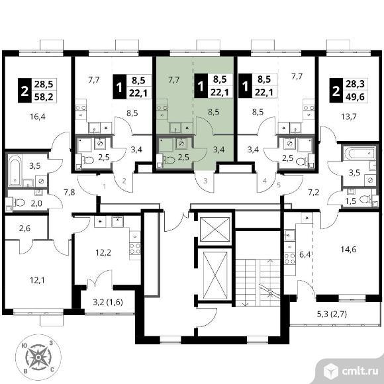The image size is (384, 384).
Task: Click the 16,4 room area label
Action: click(38, 117)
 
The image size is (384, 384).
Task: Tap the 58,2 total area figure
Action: click(44, 97)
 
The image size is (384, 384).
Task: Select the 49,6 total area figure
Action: click(355, 97)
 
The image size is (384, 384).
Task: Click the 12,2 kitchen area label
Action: click(103, 252)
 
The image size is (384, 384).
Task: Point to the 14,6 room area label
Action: click(348, 250)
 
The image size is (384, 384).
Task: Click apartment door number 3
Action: click(205, 181)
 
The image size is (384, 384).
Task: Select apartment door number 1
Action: click(105, 187)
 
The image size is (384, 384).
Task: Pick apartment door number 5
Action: click(279, 185)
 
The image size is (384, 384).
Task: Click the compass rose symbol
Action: click(38, 358)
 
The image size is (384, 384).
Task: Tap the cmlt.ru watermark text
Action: click(360, 371)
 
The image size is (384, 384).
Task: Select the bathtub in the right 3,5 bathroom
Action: click(360, 153)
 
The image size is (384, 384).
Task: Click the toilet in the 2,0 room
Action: click(19, 203)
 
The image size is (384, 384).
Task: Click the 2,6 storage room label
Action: click(24, 228)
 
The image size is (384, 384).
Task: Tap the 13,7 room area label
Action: click(348, 117)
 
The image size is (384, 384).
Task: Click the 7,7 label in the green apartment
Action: click(174, 80)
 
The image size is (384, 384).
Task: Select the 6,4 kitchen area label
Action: click(305, 255)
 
